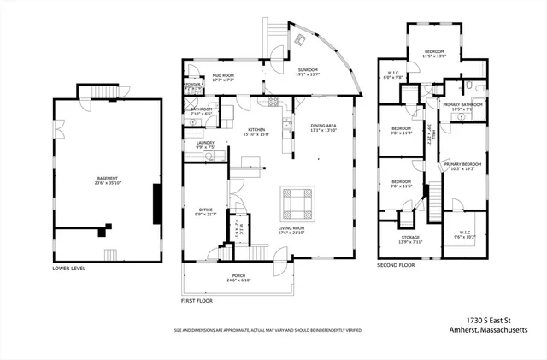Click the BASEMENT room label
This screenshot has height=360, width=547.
pyautogui.click(x=107, y=179)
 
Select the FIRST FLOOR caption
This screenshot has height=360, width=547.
pyautogui.click(x=197, y=301)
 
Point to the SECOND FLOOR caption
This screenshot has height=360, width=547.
pyautogui.click(x=396, y=266)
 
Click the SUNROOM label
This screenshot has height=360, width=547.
pyautogui.click(x=309, y=73)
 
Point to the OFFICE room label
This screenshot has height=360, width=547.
pyautogui.click(x=204, y=209)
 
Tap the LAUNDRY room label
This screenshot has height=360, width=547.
pyautogui.click(x=203, y=145)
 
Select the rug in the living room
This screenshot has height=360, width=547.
pyautogui.click(x=298, y=204)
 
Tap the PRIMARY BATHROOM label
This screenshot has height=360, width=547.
pyautogui.click(x=462, y=106)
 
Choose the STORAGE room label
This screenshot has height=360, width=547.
pyautogui.click(x=410, y=239)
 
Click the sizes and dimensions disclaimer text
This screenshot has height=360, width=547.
pyautogui.click(x=268, y=329)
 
